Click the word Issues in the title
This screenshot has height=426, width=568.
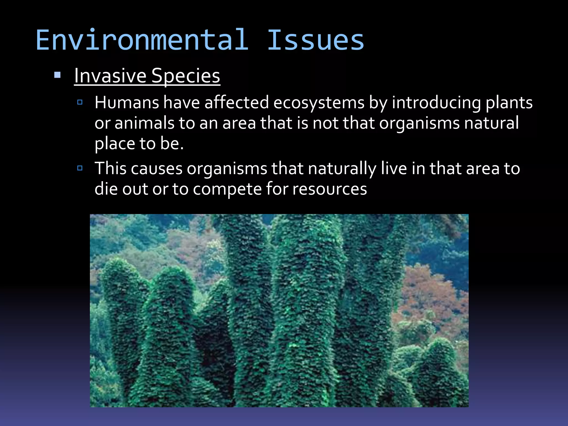[x=315, y=40]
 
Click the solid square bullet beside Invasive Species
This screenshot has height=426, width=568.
[x=57, y=75]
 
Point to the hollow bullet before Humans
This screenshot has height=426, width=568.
[x=80, y=102]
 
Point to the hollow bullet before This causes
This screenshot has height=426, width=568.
[x=80, y=168]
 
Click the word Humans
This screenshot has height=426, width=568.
[x=127, y=103]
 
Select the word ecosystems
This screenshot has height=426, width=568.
[x=319, y=103]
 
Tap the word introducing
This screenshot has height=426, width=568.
[x=437, y=103]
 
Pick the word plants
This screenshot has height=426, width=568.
[x=509, y=103]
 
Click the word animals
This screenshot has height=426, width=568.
[x=144, y=123]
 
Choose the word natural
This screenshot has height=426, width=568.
[x=491, y=123]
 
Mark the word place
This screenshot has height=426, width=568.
[x=115, y=144]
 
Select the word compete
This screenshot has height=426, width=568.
[x=227, y=189]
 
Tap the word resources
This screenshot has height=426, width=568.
[x=330, y=189]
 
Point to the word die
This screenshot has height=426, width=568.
[x=106, y=189]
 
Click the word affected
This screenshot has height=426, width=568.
[x=237, y=103]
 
